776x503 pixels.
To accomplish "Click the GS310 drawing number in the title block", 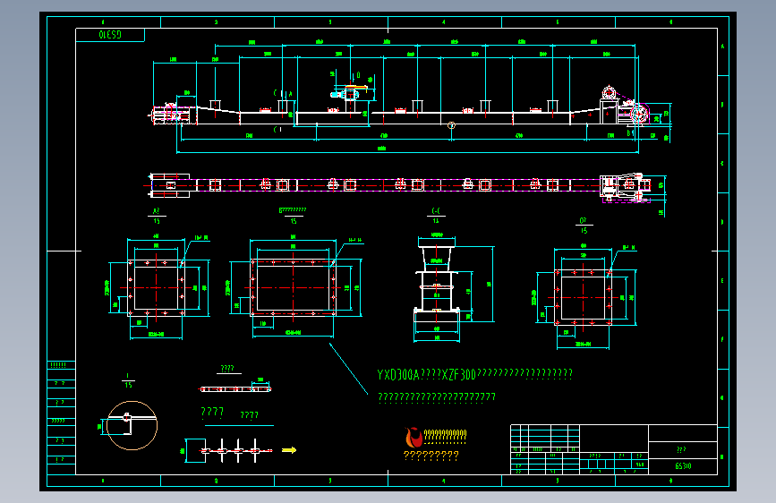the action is click(x=682, y=465).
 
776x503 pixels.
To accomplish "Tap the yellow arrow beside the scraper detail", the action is click(x=288, y=450).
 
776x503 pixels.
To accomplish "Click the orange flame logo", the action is click(x=414, y=438).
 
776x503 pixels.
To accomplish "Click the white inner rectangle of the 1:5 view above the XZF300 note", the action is click(x=293, y=286).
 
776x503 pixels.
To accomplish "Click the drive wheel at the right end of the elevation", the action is click(x=639, y=115).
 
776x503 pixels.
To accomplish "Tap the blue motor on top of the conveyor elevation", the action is click(x=346, y=92).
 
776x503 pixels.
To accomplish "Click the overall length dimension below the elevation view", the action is click(x=382, y=149).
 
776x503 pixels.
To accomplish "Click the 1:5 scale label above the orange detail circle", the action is click(x=130, y=383).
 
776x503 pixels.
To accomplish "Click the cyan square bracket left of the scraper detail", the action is click(x=187, y=449).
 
